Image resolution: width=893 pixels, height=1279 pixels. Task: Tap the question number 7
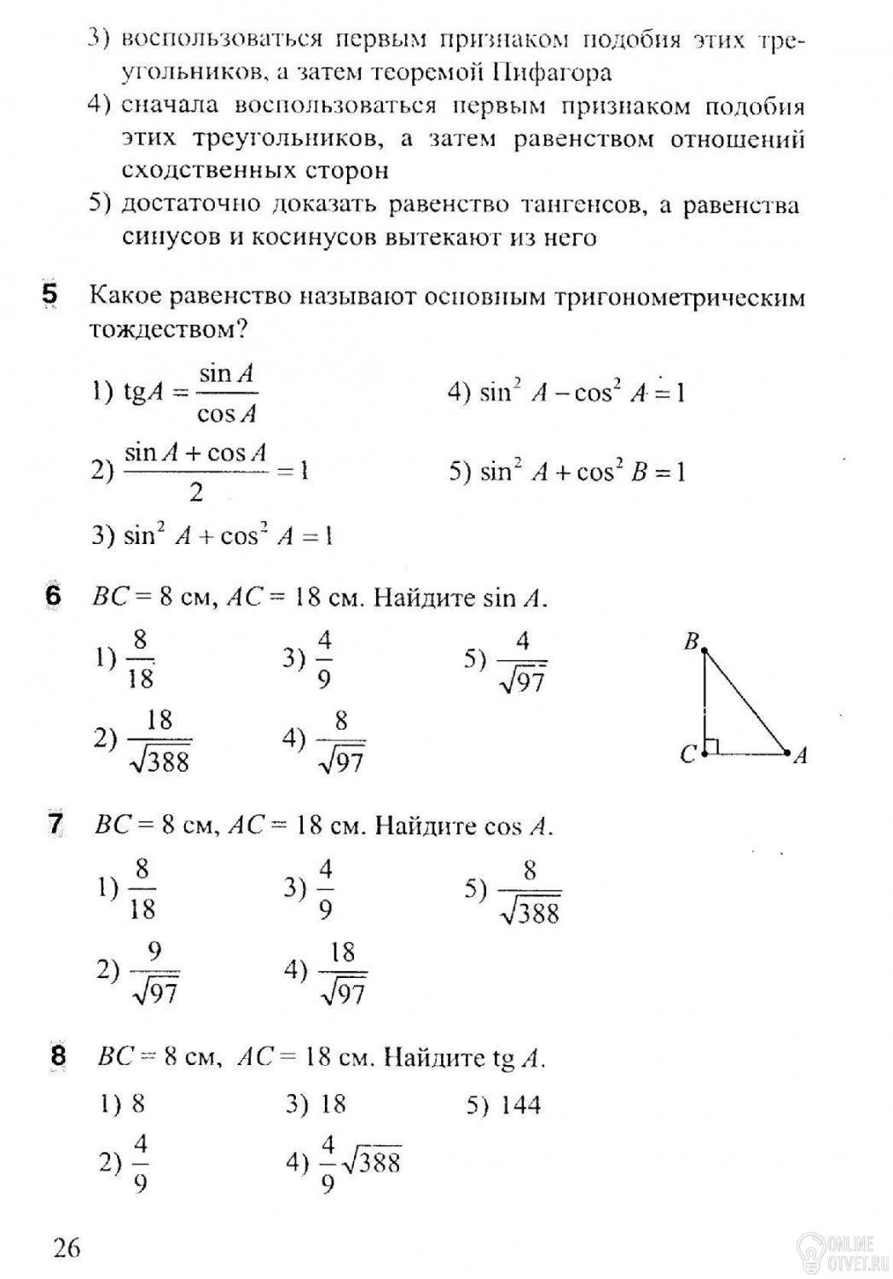pyautogui.click(x=55, y=825)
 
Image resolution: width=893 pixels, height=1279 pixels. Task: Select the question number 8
pyautogui.click(x=58, y=1056)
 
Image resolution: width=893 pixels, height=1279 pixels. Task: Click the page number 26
pyautogui.click(x=67, y=1248)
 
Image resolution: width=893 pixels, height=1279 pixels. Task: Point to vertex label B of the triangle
pyautogui.click(x=692, y=642)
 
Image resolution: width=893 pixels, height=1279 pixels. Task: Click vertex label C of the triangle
pyautogui.click(x=688, y=755)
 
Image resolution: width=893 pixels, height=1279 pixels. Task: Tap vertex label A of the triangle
pyautogui.click(x=799, y=755)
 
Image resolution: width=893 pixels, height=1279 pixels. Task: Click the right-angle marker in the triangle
pyautogui.click(x=712, y=747)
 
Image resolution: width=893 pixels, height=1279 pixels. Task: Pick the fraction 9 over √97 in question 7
pyautogui.click(x=154, y=971)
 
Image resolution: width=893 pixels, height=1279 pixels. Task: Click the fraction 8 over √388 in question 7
pyautogui.click(x=530, y=893)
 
